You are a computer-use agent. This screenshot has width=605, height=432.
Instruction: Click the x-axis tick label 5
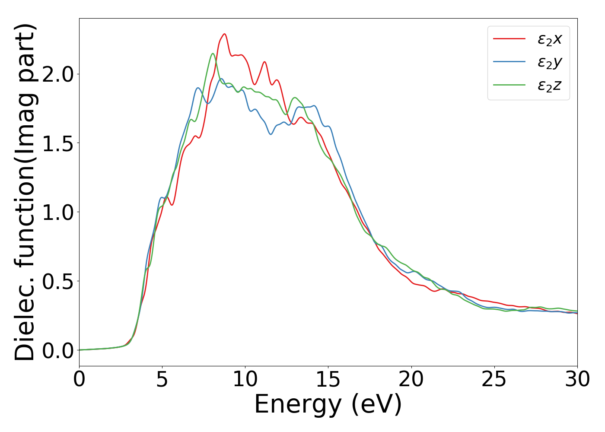tap(162, 380)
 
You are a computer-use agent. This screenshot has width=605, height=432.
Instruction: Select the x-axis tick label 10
tap(245, 380)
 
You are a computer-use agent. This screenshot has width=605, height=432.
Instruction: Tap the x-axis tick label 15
tap(328, 380)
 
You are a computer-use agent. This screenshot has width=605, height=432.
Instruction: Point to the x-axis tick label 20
tap(411, 380)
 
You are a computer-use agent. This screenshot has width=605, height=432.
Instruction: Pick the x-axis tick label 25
tap(494, 380)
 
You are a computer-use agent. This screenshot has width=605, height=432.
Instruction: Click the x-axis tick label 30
tap(577, 380)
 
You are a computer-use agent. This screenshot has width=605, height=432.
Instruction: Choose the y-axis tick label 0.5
tap(58, 281)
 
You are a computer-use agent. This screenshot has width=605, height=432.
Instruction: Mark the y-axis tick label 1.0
tap(58, 212)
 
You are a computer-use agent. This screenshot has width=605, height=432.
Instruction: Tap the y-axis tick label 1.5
tap(58, 143)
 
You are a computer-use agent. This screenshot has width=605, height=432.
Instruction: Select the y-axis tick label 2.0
tap(58, 74)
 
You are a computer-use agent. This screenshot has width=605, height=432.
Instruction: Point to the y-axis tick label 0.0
tap(58, 350)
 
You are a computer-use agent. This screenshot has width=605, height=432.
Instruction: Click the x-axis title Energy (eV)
tap(328, 405)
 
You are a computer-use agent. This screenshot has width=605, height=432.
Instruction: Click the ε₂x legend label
tap(550, 39)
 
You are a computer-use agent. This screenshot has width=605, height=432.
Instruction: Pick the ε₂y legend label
tap(550, 63)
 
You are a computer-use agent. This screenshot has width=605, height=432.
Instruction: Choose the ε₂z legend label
tap(550, 86)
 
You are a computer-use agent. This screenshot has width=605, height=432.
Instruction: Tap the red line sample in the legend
tap(509, 39)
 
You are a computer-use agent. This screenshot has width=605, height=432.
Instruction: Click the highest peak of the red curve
tap(224, 34)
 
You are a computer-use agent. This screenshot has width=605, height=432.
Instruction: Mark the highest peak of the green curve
tap(213, 54)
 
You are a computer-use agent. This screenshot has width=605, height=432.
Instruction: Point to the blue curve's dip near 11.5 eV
tap(271, 134)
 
